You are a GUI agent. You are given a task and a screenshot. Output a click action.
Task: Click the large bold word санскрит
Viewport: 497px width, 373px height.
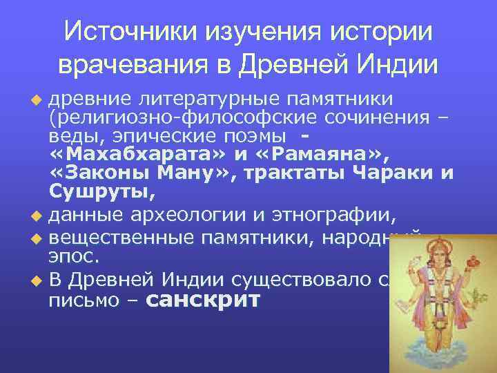tap(204, 300)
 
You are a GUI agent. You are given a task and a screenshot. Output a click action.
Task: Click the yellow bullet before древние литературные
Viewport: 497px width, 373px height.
tap(37, 95)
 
